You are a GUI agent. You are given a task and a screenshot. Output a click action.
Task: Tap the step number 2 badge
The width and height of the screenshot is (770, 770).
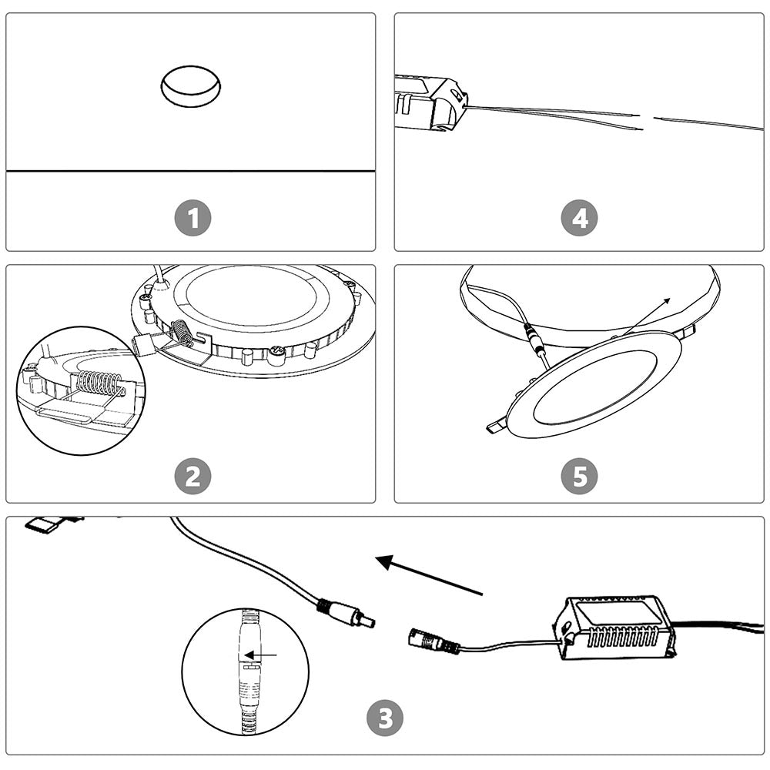tap(192, 477)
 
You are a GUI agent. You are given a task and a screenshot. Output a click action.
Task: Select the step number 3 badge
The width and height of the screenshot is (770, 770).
tap(384, 719)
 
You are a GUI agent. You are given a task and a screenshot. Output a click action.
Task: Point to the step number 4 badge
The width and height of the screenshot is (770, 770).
tap(579, 219)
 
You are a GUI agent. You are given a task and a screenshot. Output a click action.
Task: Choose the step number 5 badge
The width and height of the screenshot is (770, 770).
tap(579, 477)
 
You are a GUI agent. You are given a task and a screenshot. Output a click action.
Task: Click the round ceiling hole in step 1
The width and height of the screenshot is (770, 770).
tap(190, 85)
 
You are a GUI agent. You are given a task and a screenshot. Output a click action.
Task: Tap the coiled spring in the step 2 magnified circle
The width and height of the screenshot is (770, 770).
tap(99, 383)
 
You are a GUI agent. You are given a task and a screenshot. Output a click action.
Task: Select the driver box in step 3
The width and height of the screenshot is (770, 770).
tap(616, 627)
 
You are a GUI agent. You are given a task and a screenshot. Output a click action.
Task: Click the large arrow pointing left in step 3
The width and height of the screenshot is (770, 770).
tap(427, 576)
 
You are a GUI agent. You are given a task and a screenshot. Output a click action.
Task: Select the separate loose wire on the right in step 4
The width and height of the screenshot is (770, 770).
tap(708, 123)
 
